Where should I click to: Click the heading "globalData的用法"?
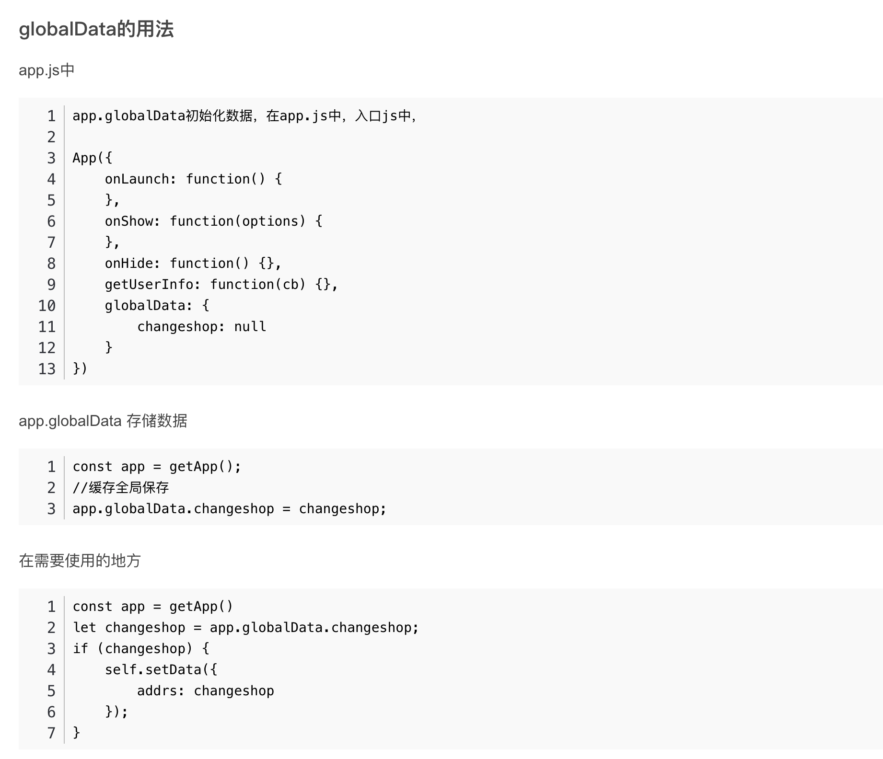[96, 29]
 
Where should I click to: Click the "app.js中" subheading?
[46, 70]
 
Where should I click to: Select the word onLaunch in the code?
[137, 179]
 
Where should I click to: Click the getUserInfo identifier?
[149, 285]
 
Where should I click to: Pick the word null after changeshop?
[250, 327]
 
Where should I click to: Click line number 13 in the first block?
[47, 369]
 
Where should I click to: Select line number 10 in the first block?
[47, 306]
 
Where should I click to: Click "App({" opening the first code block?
[92, 158]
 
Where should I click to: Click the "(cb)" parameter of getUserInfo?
[290, 285]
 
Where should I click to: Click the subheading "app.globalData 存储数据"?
[103, 421]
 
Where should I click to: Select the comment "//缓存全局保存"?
[121, 488]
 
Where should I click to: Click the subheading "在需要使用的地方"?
[80, 561]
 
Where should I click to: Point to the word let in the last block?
[84, 628]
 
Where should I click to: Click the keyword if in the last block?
[80, 649]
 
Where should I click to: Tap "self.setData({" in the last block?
[161, 670]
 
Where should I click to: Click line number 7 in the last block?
[51, 733]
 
